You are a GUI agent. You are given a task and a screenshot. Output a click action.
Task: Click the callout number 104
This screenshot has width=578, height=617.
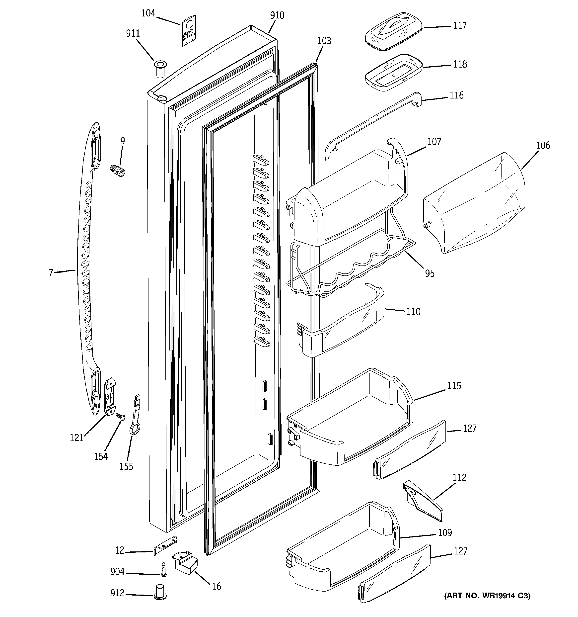[x=148, y=13]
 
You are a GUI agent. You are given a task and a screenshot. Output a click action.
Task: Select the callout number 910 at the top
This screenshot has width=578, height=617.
[x=277, y=15]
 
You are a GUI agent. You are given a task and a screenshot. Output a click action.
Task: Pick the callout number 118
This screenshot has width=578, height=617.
[x=459, y=64]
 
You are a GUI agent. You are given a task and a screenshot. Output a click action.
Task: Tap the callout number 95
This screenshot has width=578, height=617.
[x=430, y=273]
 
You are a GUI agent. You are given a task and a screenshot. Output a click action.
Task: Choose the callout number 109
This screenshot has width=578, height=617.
[x=445, y=532]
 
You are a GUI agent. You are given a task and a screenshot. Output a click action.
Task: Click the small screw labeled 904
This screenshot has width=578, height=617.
[x=163, y=570]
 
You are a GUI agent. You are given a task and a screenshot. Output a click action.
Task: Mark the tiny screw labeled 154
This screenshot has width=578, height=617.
[x=120, y=417]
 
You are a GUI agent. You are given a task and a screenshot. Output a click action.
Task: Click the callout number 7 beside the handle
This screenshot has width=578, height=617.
[x=51, y=273]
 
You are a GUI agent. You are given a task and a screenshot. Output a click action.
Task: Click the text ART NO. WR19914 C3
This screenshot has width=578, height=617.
[x=487, y=596]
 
